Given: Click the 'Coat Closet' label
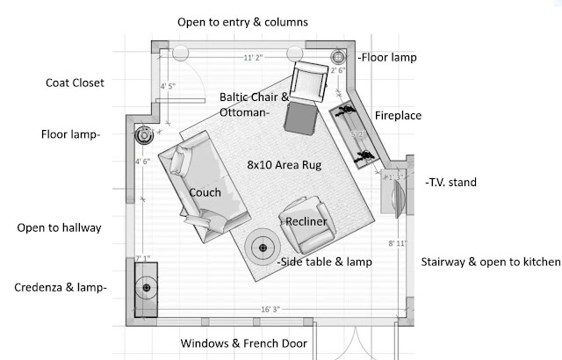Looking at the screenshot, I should pos(75,83).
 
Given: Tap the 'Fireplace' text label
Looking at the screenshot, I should pos(399,115).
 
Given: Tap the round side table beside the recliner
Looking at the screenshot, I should pos(262,248).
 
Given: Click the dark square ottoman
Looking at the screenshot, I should pos(301,118).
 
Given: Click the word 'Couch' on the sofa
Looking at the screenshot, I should pos(205,192).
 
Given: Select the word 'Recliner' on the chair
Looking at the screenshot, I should pos(306,222).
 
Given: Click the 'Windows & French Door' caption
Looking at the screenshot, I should pos(243,343).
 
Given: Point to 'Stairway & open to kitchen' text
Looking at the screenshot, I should pos(489,262).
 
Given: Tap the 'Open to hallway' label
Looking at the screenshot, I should pos(59,228).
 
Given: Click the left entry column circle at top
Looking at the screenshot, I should pos(181,53).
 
